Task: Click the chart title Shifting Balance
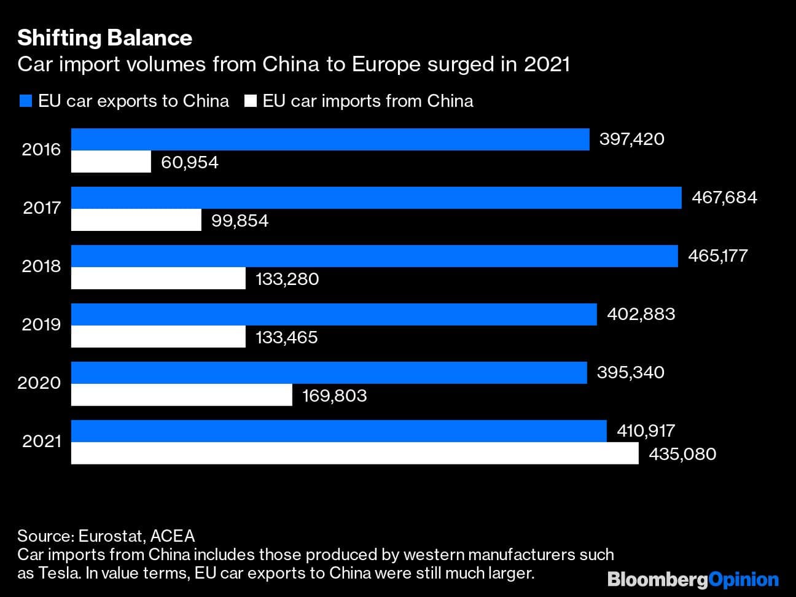pyautogui.click(x=104, y=38)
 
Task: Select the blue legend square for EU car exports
pyautogui.click(x=25, y=101)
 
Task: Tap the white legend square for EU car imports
pyautogui.click(x=250, y=101)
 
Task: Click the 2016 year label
pyautogui.click(x=41, y=149)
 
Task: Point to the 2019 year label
pyautogui.click(x=41, y=324)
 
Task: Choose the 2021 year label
pyautogui.click(x=41, y=441)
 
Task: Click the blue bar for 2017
pyautogui.click(x=376, y=198)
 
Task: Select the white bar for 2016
pyautogui.click(x=111, y=162)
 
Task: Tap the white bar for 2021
pyautogui.click(x=354, y=454)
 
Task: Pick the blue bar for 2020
pyautogui.click(x=329, y=373)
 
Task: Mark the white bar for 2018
pyautogui.click(x=158, y=279)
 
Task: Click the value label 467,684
pyautogui.click(x=724, y=197)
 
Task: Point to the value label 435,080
pyautogui.click(x=682, y=454)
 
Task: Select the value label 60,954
pyautogui.click(x=189, y=162)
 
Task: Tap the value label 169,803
pyautogui.click(x=334, y=396)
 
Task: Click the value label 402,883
pyautogui.click(x=641, y=314)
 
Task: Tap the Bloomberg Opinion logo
pyautogui.click(x=693, y=579)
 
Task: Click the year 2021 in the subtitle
pyautogui.click(x=547, y=64)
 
